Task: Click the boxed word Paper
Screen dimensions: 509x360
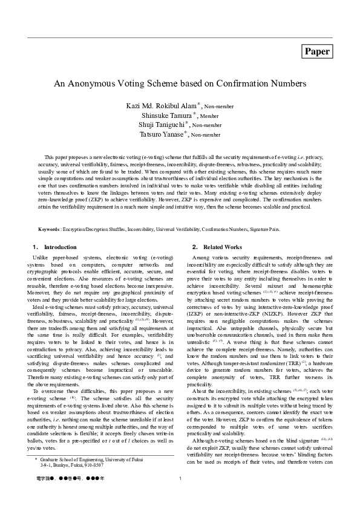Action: (x=318, y=52)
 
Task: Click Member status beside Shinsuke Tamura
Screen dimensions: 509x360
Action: (x=209, y=115)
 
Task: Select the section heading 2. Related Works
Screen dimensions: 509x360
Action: (x=217, y=247)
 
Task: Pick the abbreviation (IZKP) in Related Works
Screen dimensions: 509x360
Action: (x=195, y=314)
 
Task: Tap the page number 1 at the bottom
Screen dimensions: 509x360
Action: (x=181, y=496)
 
